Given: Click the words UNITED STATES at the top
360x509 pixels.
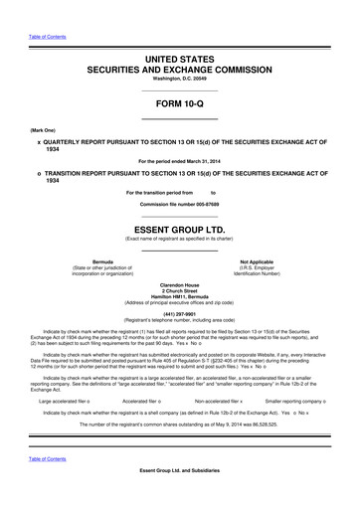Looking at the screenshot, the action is pos(179,60).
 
